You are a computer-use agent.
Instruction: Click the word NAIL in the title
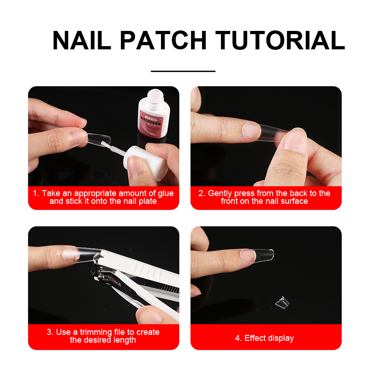(82, 40)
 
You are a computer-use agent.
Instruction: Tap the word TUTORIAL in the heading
(280, 40)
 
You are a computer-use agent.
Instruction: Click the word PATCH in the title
(163, 40)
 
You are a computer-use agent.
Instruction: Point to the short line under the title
(183, 71)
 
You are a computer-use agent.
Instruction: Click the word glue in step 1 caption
(166, 193)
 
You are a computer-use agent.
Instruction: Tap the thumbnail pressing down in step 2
(295, 139)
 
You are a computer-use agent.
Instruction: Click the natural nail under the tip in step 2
(251, 131)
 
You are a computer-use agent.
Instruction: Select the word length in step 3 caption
(125, 340)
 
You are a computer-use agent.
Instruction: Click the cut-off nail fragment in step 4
(282, 302)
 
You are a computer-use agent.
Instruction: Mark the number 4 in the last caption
(238, 338)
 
